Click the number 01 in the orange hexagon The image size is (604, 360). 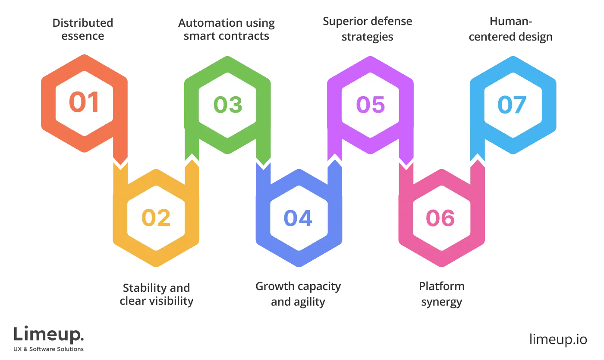(x=84, y=103)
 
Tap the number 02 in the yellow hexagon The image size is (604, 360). (x=156, y=218)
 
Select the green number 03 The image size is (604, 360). (x=228, y=104)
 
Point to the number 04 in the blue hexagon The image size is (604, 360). (x=298, y=218)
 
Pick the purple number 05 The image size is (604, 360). (x=370, y=104)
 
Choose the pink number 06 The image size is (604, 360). (x=440, y=218)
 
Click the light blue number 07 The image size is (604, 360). (x=512, y=104)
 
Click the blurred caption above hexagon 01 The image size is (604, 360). (x=83, y=29)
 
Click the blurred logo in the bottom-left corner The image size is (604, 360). (x=50, y=337)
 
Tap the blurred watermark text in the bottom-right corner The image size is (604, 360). (x=558, y=339)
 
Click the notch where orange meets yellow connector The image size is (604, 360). (x=120, y=163)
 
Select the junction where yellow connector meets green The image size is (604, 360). (x=192, y=162)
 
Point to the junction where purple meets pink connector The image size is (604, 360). (x=406, y=163)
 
